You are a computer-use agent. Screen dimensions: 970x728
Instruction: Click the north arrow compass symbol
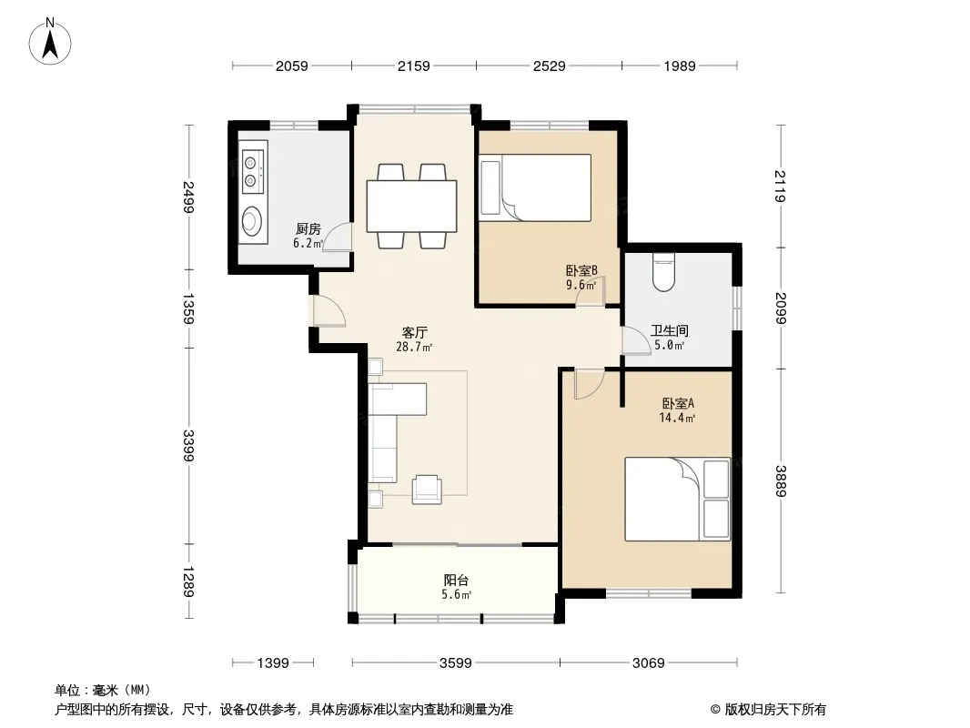point(50,41)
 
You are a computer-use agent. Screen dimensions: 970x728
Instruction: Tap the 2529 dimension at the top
point(550,66)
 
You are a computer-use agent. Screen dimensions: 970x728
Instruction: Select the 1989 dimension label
point(680,66)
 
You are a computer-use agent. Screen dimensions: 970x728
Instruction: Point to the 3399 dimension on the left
point(188,445)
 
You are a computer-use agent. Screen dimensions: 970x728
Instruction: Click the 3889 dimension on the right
point(780,480)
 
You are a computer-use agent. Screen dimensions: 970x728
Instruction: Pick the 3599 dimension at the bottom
point(455,663)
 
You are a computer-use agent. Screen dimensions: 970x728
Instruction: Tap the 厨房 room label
point(308,229)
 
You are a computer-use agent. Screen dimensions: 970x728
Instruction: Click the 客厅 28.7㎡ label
point(414,339)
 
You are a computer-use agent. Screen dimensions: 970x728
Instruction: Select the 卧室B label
point(581,270)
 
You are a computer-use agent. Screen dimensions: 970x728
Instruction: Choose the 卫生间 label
point(670,331)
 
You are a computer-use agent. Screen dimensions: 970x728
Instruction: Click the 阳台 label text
point(456,581)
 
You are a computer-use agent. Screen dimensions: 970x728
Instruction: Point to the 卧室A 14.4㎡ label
point(677,410)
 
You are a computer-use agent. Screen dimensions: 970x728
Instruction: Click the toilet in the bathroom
point(663,273)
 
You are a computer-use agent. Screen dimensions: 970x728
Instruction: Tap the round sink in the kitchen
point(252,221)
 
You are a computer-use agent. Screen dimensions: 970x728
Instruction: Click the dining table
point(411,206)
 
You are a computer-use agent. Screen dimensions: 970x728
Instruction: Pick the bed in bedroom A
point(677,500)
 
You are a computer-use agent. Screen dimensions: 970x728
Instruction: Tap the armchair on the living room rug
point(427,490)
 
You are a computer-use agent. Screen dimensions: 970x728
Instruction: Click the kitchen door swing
point(338,237)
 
